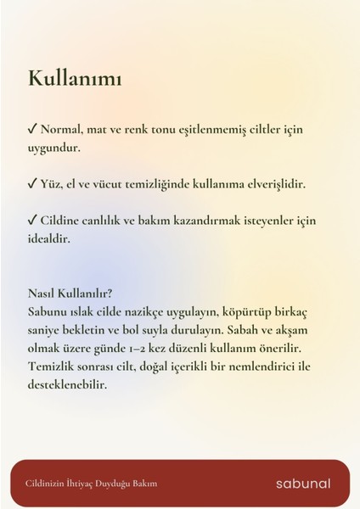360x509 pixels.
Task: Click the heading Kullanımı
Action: point(75,79)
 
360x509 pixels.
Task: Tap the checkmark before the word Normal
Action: point(32,131)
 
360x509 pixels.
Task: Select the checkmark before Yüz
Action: point(32,184)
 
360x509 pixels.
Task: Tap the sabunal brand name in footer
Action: point(303,484)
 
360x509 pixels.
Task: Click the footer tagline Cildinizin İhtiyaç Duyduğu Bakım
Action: point(91,484)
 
